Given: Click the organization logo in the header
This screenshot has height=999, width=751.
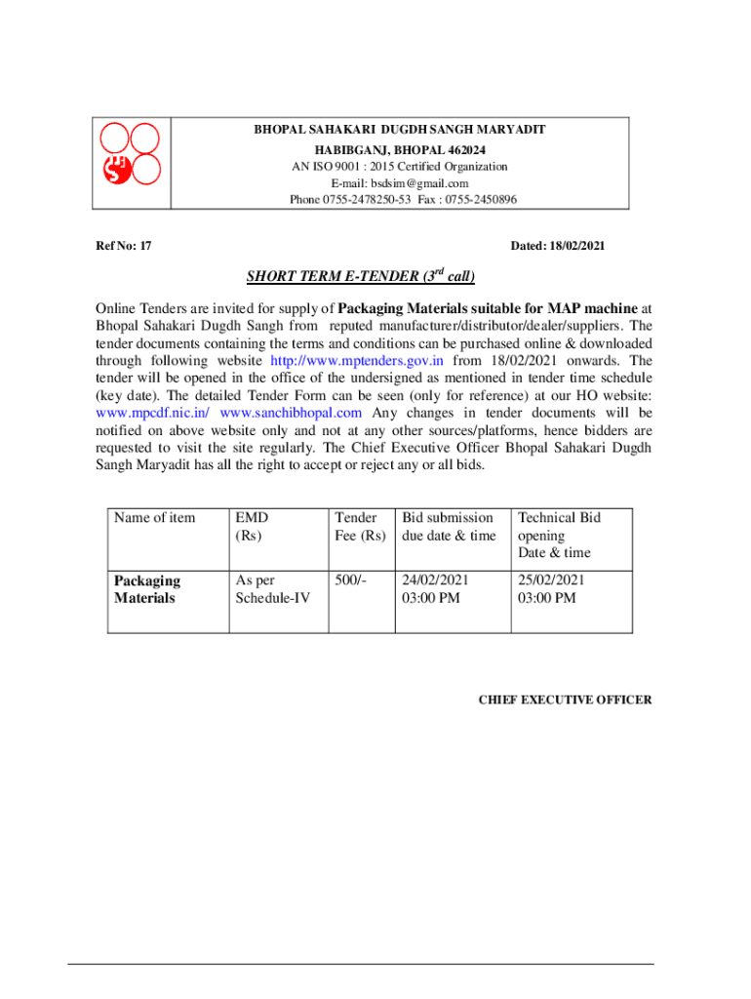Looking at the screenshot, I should pyautogui.click(x=131, y=163).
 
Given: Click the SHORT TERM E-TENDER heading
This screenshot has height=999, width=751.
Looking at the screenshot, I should pyautogui.click(x=360, y=276).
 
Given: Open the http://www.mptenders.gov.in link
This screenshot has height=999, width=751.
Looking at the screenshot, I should pyautogui.click(x=357, y=360).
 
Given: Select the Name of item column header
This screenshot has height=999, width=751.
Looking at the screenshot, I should pyautogui.click(x=154, y=518).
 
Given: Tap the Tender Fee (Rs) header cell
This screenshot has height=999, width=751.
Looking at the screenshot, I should pyautogui.click(x=360, y=527).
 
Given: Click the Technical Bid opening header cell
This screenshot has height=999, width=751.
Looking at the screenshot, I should pyautogui.click(x=559, y=535).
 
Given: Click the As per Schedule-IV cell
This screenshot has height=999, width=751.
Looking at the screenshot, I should pyautogui.click(x=272, y=589).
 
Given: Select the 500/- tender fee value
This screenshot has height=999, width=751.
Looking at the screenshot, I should pyautogui.click(x=350, y=580).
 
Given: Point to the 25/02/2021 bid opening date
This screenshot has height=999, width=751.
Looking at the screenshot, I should pyautogui.click(x=552, y=580).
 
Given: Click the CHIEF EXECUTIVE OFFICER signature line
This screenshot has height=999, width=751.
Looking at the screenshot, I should pyautogui.click(x=565, y=700).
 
